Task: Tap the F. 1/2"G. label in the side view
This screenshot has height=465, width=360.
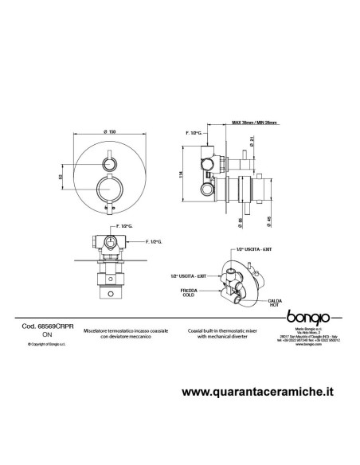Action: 194,134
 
